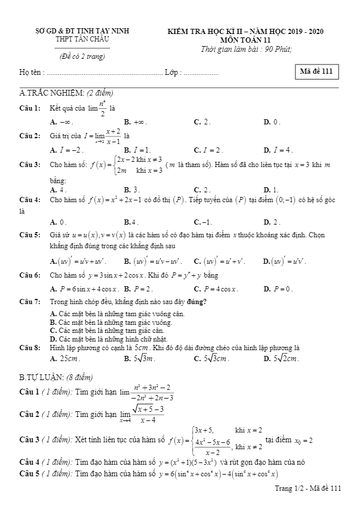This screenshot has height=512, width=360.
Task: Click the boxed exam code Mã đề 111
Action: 316,71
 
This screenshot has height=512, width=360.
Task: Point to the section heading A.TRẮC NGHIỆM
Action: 66,93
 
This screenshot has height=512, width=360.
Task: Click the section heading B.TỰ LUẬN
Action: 55,377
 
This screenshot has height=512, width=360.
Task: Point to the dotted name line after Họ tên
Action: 104,73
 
